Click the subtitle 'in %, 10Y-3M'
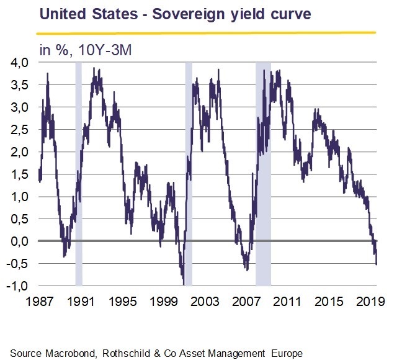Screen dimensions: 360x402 coord(84,50)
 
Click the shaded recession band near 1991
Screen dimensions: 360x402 coord(79,174)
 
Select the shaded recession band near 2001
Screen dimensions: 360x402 coord(189,174)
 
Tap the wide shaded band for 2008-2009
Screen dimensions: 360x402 coord(263,174)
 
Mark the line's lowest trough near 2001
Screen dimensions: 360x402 coord(184,284)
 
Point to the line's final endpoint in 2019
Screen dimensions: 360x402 coord(377,264)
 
